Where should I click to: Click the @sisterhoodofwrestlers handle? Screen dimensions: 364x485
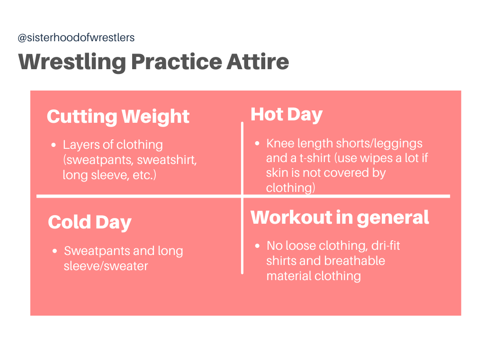click(x=76, y=38)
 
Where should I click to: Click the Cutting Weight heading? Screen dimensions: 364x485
click(x=118, y=117)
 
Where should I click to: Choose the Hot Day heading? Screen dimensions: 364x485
click(x=286, y=115)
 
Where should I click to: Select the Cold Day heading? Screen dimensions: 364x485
click(x=90, y=222)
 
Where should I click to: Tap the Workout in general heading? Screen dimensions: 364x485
click(x=340, y=218)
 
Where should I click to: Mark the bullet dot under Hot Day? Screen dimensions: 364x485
click(x=257, y=144)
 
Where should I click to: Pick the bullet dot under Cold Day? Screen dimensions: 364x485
click(x=54, y=251)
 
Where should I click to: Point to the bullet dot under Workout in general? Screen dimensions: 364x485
click(x=257, y=246)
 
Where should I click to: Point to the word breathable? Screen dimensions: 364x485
click(x=354, y=261)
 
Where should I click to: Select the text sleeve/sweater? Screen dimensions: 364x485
click(x=106, y=266)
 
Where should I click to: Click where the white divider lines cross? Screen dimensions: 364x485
click(x=242, y=196)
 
